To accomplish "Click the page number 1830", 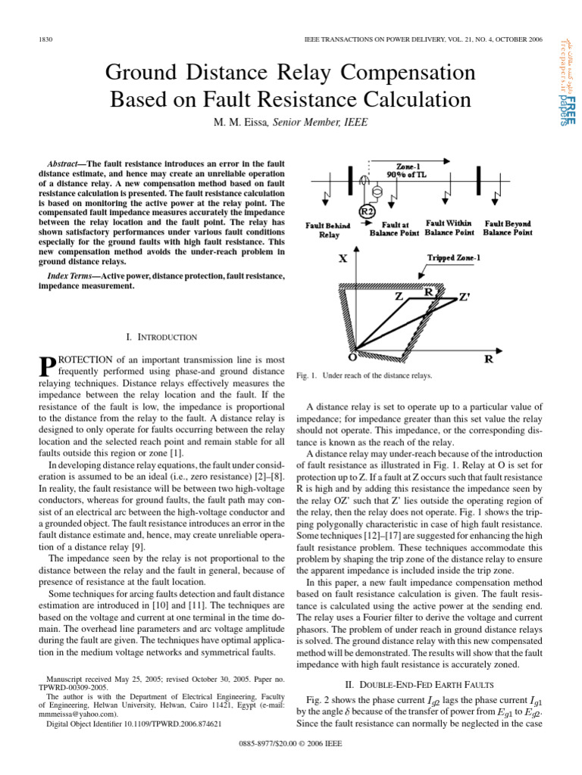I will pyautogui.click(x=43, y=39).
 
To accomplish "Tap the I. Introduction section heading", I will pyautogui.click(x=161, y=337).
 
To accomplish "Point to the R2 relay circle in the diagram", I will pyautogui.click(x=366, y=212).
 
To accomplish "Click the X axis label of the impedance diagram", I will pyautogui.click(x=343, y=257).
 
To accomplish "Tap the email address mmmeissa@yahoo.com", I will pyautogui.click(x=79, y=714).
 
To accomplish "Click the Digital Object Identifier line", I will pyautogui.click(x=134, y=724).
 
